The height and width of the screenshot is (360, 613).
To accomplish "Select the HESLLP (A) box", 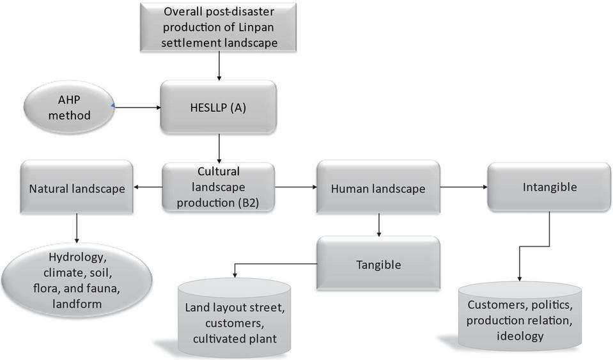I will pos(218,108).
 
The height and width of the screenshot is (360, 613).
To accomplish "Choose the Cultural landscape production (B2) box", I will pos(218,187).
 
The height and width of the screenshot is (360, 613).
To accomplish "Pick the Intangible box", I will pos(549,187).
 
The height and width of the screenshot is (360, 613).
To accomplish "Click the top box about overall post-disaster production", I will pos(219,28).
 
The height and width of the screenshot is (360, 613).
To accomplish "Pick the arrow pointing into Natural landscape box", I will pos(147,188).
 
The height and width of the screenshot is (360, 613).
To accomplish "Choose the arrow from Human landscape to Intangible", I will pos(463,188).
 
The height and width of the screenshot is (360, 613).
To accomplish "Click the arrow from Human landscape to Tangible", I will pos(379,225).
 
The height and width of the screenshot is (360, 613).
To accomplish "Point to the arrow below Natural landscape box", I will pos(77,229).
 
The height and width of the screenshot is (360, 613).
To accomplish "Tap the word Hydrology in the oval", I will pos(76,258).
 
